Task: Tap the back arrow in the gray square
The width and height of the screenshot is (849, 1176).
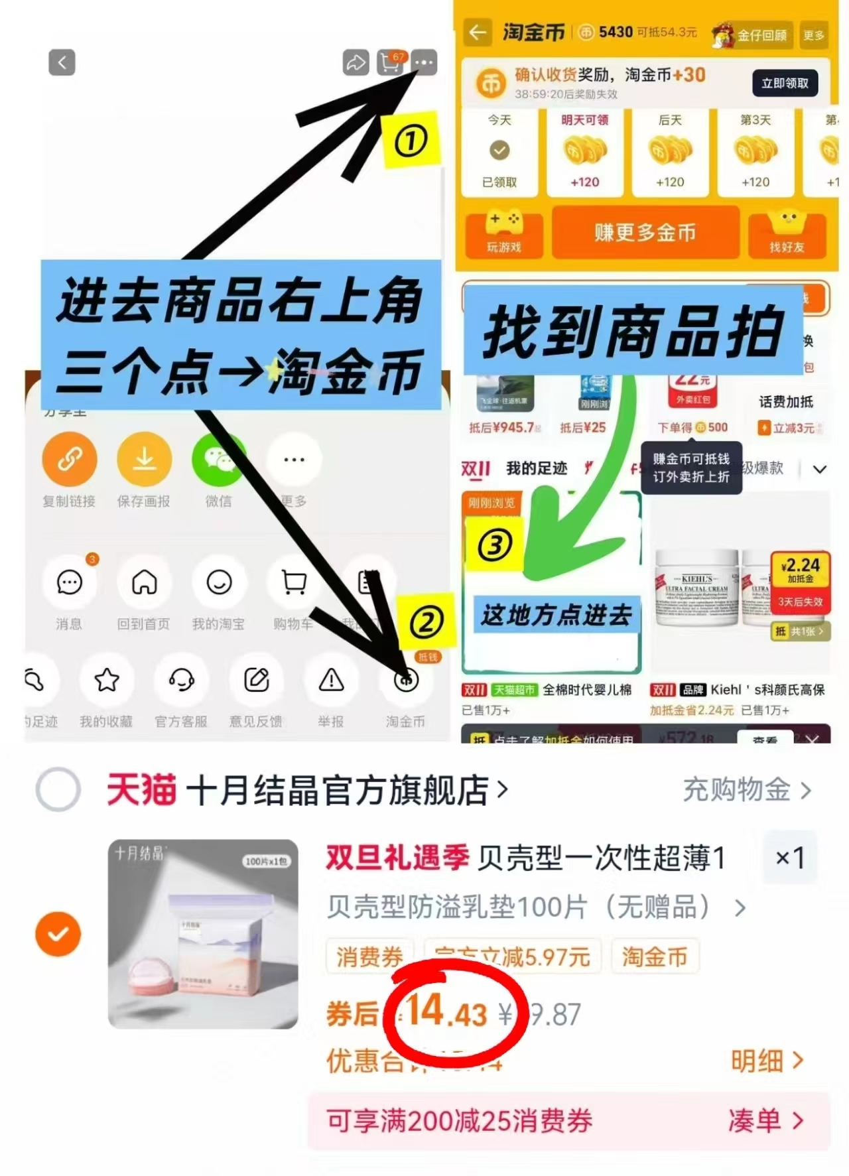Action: (x=62, y=62)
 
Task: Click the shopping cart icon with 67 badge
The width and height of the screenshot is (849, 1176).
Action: (x=390, y=62)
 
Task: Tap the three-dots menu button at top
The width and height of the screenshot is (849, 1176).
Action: (x=424, y=62)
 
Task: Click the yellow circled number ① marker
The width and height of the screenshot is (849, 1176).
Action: (x=411, y=141)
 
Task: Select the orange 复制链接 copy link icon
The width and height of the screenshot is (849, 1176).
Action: (x=70, y=459)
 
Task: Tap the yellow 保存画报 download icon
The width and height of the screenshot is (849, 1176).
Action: (x=144, y=459)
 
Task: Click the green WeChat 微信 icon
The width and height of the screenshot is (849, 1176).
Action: (x=218, y=459)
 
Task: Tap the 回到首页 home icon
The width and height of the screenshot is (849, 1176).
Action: (x=144, y=583)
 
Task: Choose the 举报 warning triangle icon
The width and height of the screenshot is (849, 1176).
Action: (x=331, y=680)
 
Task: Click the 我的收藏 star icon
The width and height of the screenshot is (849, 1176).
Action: (x=107, y=680)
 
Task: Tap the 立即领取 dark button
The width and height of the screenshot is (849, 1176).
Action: (x=785, y=84)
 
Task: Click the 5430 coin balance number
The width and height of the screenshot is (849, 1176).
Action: (x=615, y=32)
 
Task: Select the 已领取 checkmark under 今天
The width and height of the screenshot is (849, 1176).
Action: (x=499, y=151)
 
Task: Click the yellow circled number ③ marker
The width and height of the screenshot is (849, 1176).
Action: (x=495, y=545)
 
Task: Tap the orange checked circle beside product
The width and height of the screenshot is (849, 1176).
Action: (x=58, y=934)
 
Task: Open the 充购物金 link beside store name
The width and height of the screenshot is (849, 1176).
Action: (x=746, y=790)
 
